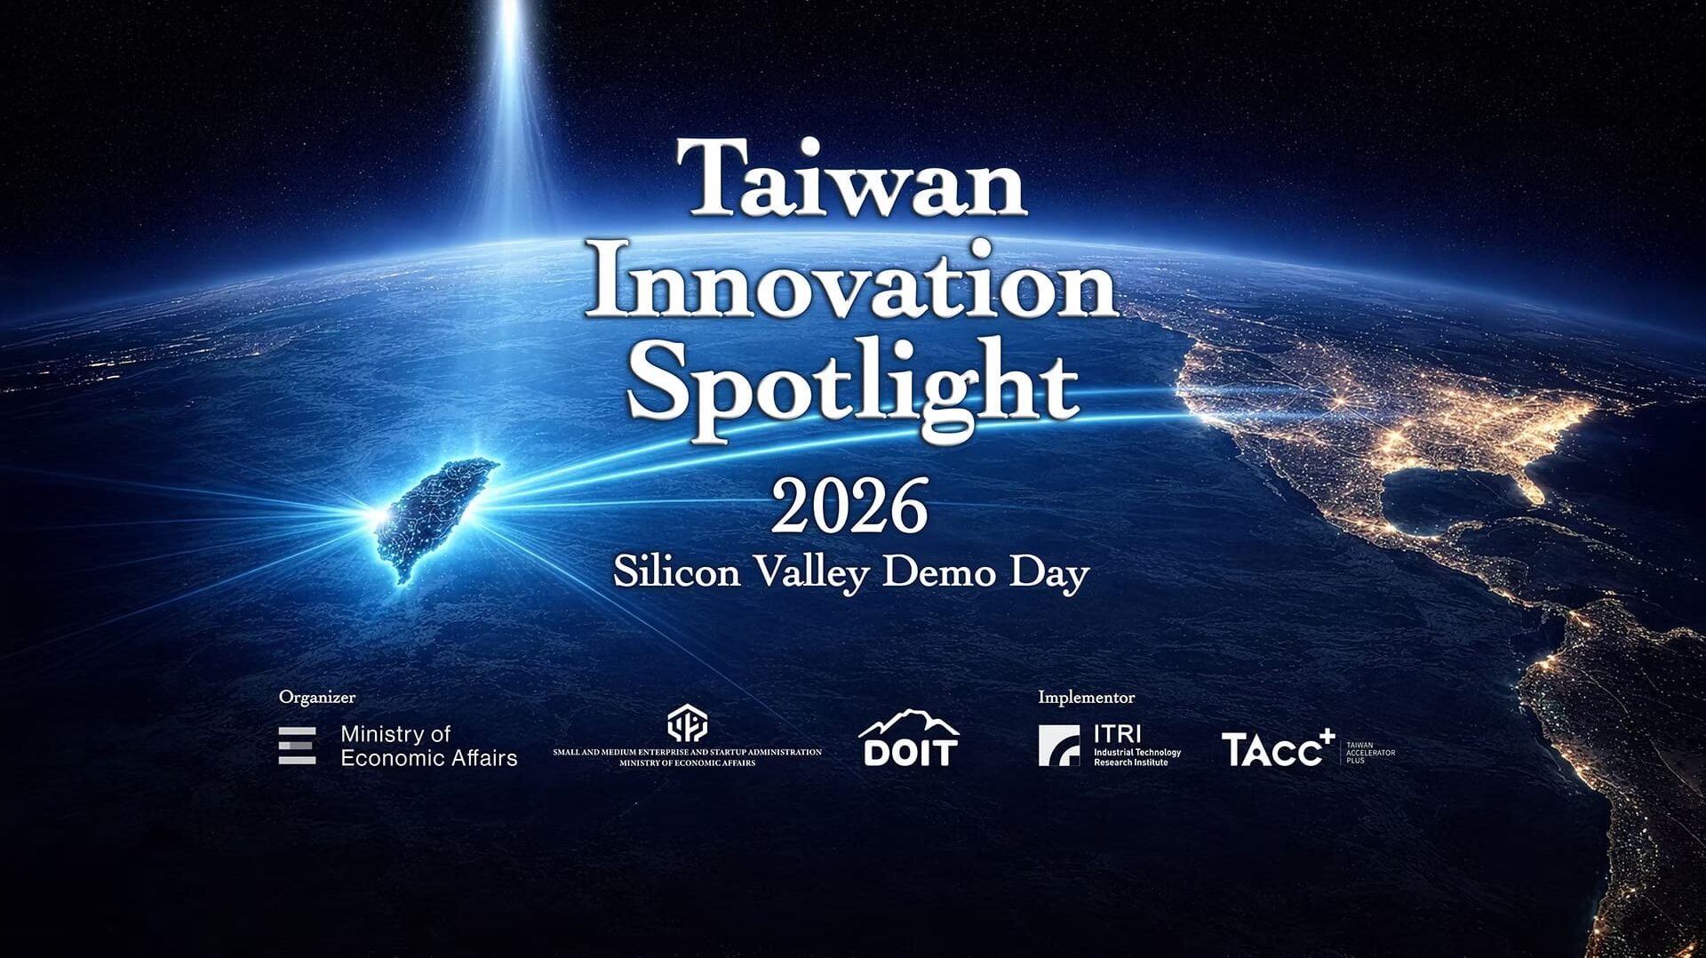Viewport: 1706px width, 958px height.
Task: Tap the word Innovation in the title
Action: pyautogui.click(x=851, y=282)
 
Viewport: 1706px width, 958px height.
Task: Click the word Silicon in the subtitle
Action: pyautogui.click(x=676, y=571)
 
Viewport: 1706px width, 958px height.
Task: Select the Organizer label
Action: pyautogui.click(x=316, y=698)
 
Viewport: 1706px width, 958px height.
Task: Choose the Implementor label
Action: pyautogui.click(x=1086, y=698)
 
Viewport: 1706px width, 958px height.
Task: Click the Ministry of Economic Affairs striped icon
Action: pyautogui.click(x=297, y=746)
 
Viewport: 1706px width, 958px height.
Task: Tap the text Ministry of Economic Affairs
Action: pyautogui.click(x=428, y=746)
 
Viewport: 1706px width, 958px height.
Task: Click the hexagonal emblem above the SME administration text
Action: pyautogui.click(x=687, y=723)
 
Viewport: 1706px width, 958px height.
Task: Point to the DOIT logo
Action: pyautogui.click(x=909, y=739)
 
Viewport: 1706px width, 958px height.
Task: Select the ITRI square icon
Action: pyautogui.click(x=1058, y=746)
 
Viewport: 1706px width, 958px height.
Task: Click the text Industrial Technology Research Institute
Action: pyautogui.click(x=1136, y=757)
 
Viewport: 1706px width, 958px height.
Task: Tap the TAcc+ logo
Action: pyautogui.click(x=1277, y=748)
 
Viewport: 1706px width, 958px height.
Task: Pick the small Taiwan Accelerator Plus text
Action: pyautogui.click(x=1370, y=753)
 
